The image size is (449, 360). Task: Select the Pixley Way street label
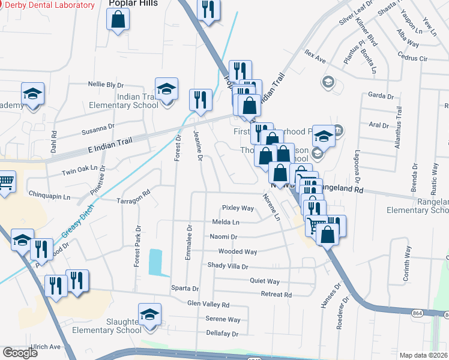[x=238, y=208]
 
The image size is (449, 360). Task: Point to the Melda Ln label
[x=226, y=222]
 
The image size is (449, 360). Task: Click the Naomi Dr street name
[x=224, y=237]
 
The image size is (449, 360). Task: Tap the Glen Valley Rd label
[x=208, y=305]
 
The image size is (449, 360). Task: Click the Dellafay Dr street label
[x=222, y=334]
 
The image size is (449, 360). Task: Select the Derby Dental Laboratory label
[x=50, y=5]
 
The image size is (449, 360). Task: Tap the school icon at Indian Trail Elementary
[x=166, y=90]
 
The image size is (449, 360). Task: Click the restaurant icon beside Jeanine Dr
[x=200, y=99]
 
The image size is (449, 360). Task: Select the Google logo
[x=20, y=353]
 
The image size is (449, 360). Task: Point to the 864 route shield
[x=418, y=313]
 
